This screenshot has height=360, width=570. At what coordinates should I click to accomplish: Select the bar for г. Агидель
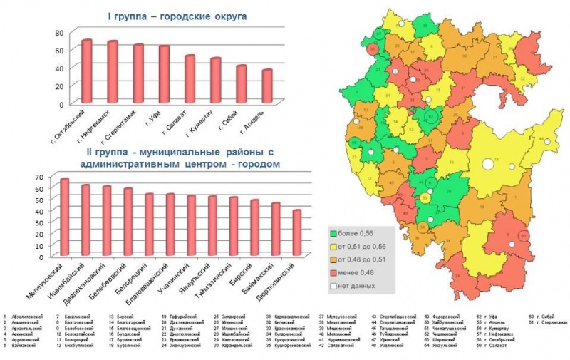click(x=267, y=86)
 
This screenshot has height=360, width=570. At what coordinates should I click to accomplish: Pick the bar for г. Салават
click(x=190, y=79)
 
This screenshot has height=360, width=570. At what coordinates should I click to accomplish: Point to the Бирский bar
click(x=254, y=228)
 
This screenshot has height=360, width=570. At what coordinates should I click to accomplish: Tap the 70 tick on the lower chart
click(x=39, y=176)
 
